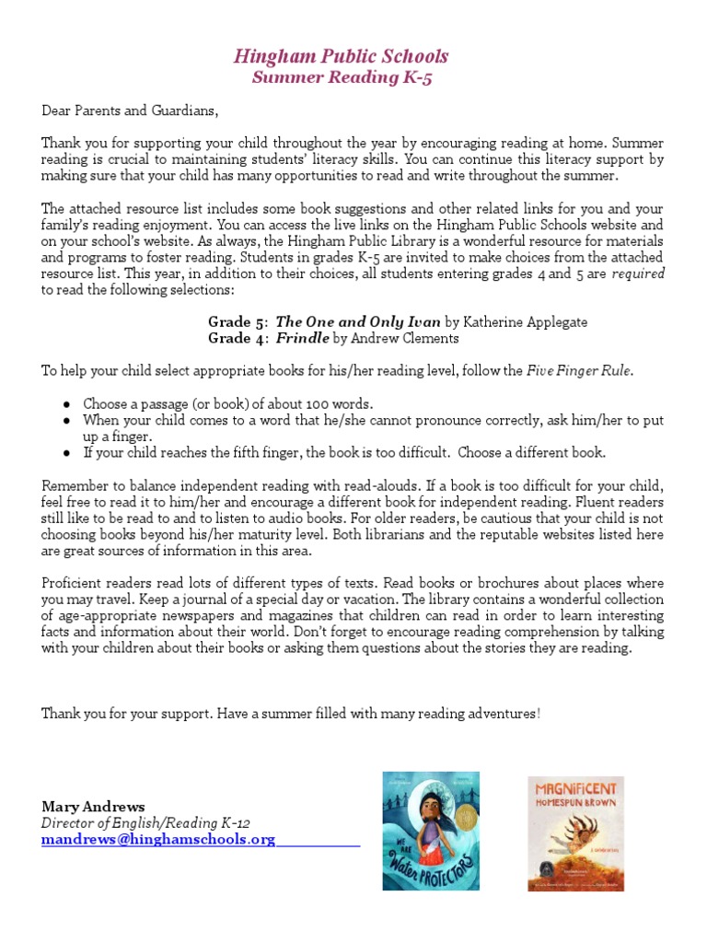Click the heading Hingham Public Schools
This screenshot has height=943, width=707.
pos(341,57)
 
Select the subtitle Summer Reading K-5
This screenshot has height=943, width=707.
pos(341,78)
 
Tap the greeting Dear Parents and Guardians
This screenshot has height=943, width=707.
pos(131,111)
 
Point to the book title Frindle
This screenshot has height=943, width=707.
pos(302,339)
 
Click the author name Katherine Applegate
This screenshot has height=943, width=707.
pos(525,322)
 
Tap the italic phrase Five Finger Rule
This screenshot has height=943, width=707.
pos(580,371)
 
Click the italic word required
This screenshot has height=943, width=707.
pos(639,274)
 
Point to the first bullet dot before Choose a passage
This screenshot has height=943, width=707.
pos(68,404)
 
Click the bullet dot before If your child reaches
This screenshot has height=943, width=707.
pos(68,453)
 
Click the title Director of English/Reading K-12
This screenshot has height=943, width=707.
pos(145,823)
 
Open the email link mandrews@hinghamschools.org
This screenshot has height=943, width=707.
pos(158,840)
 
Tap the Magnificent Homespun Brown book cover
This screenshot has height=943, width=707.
pos(575,833)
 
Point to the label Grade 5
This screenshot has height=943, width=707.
pos(237,322)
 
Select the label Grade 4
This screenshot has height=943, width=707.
pos(237,339)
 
